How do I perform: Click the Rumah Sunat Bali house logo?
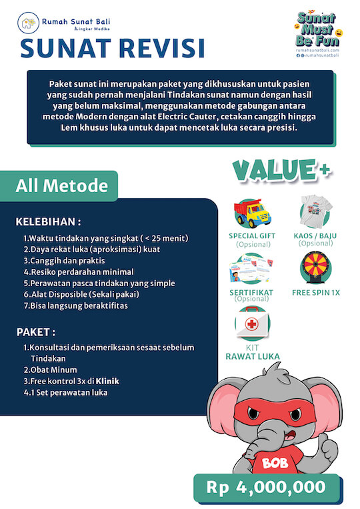[28, 25]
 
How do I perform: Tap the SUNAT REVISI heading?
[112, 48]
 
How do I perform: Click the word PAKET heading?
[35, 332]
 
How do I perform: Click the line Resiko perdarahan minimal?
[79, 272]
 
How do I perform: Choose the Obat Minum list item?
[50, 370]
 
